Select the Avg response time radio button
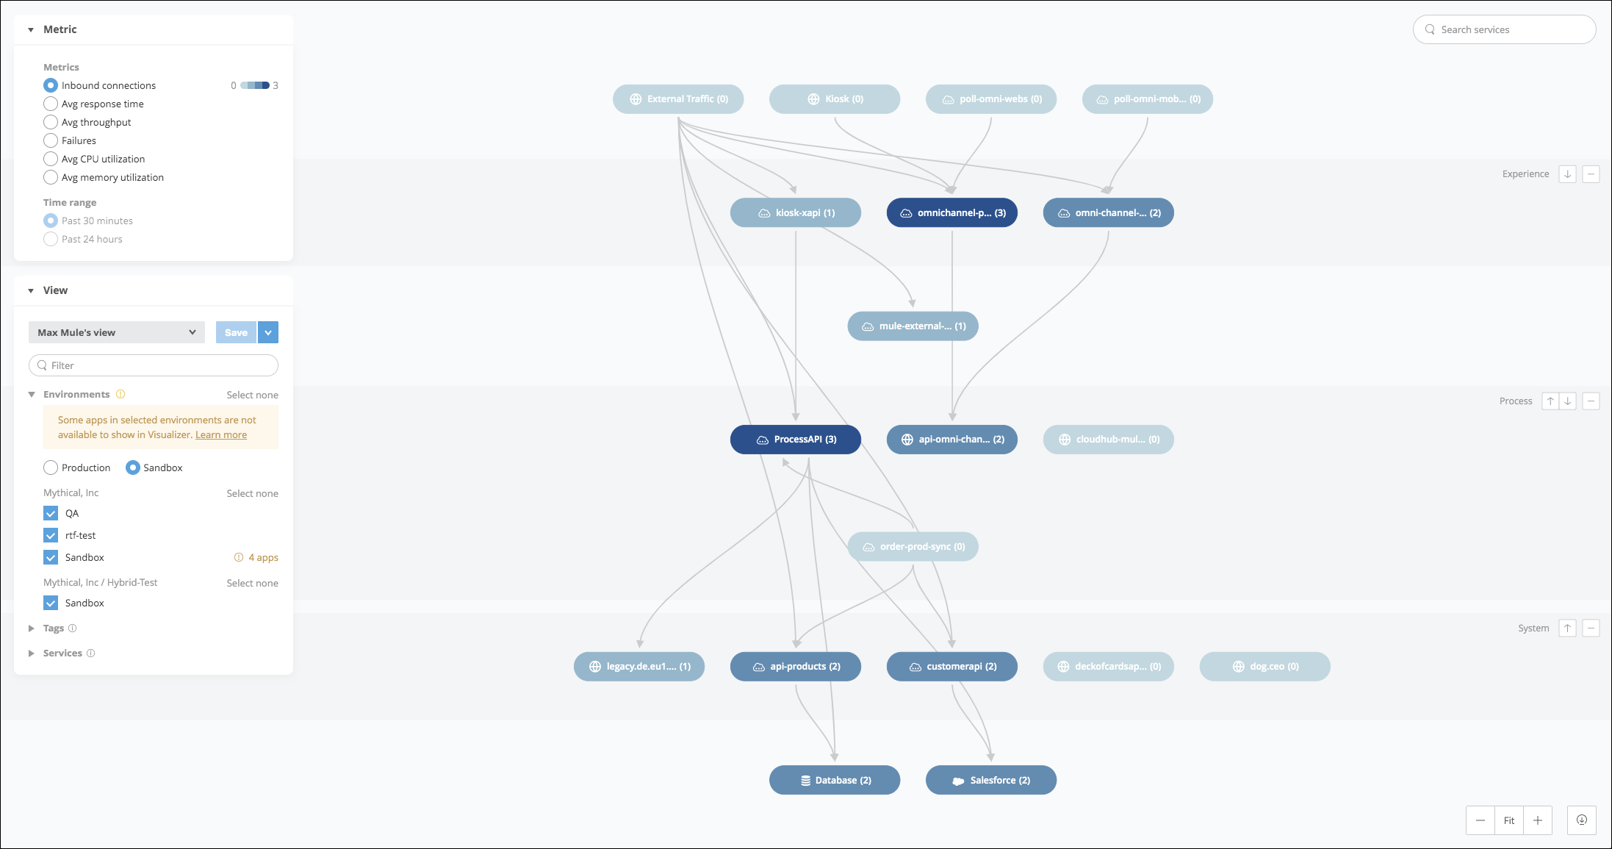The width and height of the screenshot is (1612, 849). coord(51,104)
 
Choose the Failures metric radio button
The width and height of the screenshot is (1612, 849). coord(51,140)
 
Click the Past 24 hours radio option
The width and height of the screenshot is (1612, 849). coord(51,239)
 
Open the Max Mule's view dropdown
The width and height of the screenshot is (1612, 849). coord(117,332)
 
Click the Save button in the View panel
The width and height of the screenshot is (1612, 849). coord(236,332)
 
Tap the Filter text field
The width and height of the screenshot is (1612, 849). coord(154,365)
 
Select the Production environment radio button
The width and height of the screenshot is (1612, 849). coord(51,468)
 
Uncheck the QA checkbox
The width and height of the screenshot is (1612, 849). coord(51,513)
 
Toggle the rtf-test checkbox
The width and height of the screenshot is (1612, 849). coord(51,535)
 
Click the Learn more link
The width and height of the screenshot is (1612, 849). coord(221,434)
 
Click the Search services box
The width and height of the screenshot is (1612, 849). coord(1505,29)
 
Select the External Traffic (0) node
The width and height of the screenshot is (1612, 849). coord(678,99)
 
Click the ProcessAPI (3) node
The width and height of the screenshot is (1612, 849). coord(796,440)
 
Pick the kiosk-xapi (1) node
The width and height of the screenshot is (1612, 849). coord(796,212)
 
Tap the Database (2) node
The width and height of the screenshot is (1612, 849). coord(835,780)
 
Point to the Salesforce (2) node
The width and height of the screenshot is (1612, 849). coord(991,780)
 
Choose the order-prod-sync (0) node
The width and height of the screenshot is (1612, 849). coord(913,546)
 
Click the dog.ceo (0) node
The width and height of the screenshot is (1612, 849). coord(1265,667)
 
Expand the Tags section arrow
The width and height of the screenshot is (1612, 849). coord(32,628)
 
